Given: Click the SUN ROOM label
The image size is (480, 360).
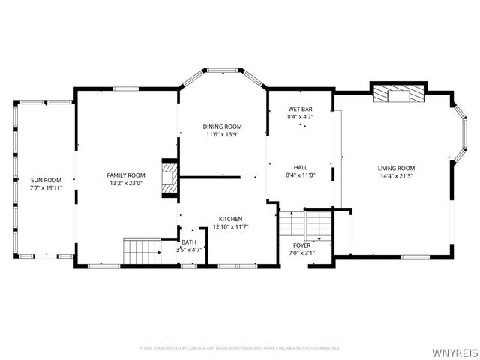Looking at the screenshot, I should tap(46, 180).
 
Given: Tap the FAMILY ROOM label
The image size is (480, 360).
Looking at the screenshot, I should tap(126, 175).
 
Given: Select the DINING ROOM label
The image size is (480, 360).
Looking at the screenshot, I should tap(223, 126).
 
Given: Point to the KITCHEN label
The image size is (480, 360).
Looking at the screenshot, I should tap(231, 218).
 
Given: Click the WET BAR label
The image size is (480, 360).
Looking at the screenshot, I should tap(300, 109).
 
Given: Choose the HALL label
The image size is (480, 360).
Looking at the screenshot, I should tap(300, 167).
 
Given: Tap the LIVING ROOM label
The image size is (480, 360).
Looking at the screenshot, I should tap(397, 168).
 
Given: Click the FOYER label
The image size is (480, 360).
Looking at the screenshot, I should tap(302, 244).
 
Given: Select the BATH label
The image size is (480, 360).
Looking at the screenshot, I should tap(188, 242).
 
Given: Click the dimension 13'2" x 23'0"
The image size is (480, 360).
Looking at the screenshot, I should tap(126, 183).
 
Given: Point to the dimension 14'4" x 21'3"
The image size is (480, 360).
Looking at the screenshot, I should tap(397, 176).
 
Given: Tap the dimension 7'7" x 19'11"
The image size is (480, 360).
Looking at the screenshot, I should tap(46, 188).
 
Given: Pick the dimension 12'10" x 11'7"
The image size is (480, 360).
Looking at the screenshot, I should tap(231, 226).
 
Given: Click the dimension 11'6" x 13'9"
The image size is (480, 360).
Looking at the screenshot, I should tap(223, 135).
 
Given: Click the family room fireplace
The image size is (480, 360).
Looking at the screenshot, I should tap(172, 180).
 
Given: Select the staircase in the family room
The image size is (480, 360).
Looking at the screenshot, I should tap(142, 250).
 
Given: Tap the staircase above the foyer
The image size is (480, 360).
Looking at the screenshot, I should tap(305, 224).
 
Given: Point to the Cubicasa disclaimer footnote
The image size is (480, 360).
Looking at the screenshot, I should tap(240, 348).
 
